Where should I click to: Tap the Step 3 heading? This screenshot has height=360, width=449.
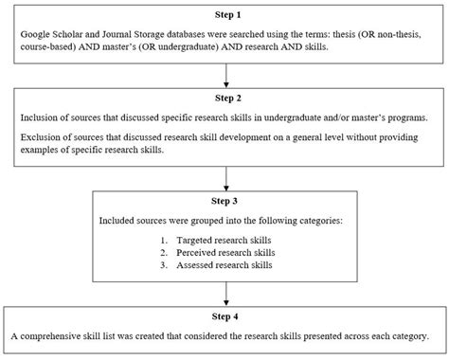[x=224, y=201]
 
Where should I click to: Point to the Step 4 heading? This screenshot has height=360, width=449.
[x=224, y=317]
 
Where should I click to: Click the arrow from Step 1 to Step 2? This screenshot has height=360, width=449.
[x=224, y=74]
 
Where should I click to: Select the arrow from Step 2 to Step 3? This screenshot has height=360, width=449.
[x=224, y=175]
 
